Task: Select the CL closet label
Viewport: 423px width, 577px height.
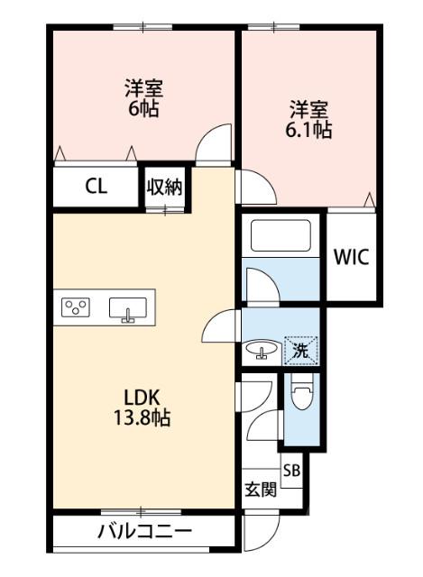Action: (96, 187)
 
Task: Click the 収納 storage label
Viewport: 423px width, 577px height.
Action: (165, 188)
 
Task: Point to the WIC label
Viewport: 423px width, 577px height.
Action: (352, 256)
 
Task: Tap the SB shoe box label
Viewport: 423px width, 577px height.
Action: (291, 470)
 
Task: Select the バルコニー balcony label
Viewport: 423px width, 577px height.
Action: (144, 532)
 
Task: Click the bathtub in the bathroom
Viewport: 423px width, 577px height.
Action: (280, 238)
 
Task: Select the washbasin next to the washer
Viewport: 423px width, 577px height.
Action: (262, 350)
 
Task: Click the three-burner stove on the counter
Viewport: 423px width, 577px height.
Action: (76, 308)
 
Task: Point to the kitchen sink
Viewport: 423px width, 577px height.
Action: (127, 309)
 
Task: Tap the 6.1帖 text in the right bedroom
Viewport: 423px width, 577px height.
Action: (308, 129)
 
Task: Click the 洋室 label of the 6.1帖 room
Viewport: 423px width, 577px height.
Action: (308, 110)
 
